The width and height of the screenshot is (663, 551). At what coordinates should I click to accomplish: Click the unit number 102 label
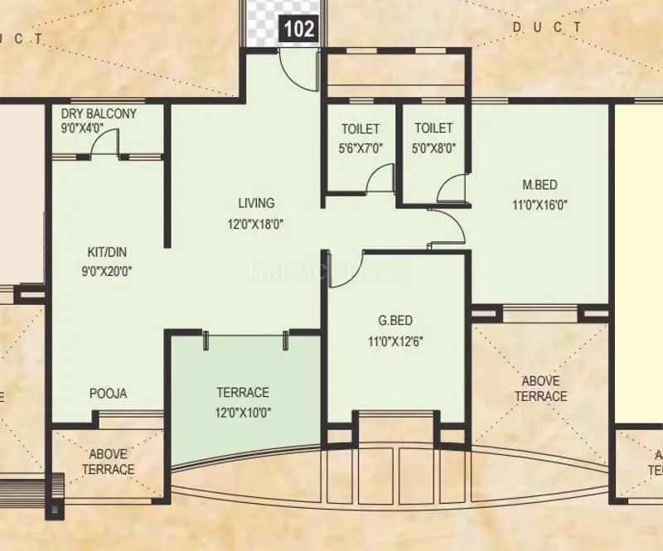tap(299, 28)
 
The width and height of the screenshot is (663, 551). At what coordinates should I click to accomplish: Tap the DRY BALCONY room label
tap(99, 114)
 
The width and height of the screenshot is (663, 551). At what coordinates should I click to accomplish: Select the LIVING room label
tap(256, 203)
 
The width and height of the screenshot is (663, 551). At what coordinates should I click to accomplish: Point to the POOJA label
tap(109, 394)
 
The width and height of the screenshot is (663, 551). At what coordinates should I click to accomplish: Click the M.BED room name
tap(539, 184)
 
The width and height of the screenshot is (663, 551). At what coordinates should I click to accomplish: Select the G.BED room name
tap(395, 321)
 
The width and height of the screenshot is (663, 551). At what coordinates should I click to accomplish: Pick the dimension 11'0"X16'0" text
tap(539, 203)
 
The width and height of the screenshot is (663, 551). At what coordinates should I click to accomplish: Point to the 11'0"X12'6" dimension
tap(395, 340)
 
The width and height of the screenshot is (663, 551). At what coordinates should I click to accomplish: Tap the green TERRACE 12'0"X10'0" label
tap(242, 402)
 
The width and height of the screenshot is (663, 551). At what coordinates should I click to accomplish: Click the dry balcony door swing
tap(104, 145)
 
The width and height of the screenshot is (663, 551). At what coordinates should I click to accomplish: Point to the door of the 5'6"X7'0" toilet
tap(381, 179)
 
